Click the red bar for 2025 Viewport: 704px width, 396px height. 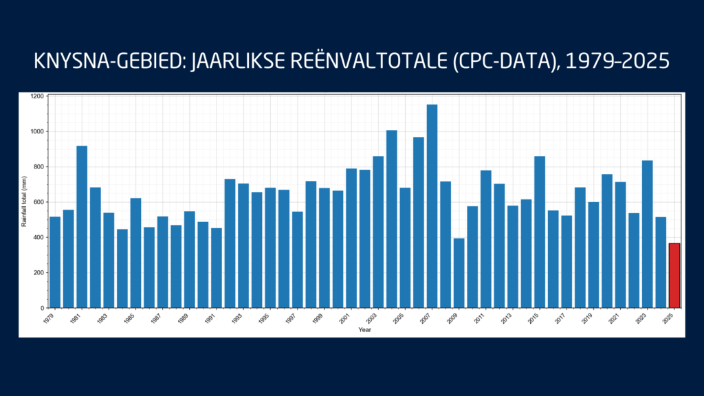click(674, 276)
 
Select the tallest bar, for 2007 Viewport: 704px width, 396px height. click(432, 206)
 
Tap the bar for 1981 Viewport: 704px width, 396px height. click(82, 227)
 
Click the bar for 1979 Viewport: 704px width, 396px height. click(55, 262)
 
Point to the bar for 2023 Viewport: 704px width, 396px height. click(647, 234)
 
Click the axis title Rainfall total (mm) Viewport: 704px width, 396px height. click(25, 201)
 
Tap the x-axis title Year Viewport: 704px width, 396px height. click(364, 331)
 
